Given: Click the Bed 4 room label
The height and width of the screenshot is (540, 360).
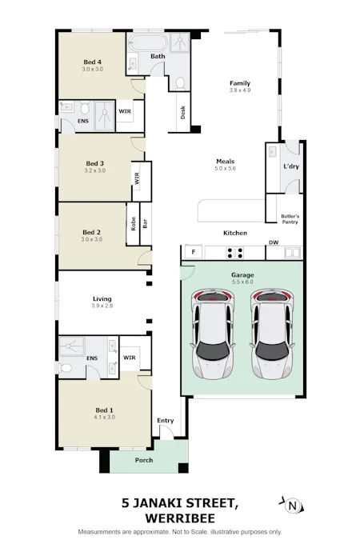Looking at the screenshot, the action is click(92, 62).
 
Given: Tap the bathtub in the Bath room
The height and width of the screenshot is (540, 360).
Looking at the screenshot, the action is click(149, 43).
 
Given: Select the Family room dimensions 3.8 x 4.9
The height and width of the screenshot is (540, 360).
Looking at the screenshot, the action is click(240, 90).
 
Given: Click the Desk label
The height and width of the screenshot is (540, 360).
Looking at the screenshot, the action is click(183, 112).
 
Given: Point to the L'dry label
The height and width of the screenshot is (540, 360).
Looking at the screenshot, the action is click(291, 166).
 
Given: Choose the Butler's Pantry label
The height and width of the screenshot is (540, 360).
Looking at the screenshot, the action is click(290, 219).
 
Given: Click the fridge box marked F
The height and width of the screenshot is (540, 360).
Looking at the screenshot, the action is click(194, 252).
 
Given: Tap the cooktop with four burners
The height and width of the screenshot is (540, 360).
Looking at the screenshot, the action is click(235, 253).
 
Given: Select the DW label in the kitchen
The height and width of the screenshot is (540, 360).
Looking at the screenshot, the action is click(274, 242).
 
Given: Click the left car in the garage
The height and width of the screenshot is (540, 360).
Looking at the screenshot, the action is click(213, 334).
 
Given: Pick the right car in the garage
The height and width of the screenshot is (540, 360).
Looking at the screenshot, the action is click(272, 334).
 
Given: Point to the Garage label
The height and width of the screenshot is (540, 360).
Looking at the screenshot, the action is click(242, 275).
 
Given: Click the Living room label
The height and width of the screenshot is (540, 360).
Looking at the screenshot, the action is click(102, 299).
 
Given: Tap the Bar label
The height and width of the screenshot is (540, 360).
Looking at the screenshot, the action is click(146, 224).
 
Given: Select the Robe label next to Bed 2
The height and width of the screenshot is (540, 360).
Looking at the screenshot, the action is click(134, 224).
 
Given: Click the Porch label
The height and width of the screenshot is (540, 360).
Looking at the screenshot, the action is click(144, 460).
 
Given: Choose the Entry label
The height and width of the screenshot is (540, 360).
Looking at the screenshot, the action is click(166, 421).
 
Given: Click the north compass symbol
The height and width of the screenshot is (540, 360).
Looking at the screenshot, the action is click(292, 506).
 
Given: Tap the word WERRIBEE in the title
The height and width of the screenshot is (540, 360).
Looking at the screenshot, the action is click(180, 518).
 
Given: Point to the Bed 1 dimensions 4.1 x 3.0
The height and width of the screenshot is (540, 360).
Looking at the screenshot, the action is click(104, 418).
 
